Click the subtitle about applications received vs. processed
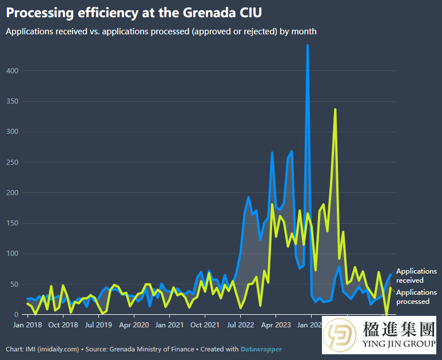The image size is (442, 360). pos(161,31)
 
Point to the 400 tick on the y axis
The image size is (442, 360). pos(11,71)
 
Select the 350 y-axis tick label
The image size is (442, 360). pos(11,101)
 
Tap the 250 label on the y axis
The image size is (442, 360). pos(11,163)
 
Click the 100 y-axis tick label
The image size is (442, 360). pos(11,254)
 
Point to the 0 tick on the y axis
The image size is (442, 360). pos(16,315)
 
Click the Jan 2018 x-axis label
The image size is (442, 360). pos(27,325)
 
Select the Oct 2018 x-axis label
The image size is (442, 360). pos(62,325)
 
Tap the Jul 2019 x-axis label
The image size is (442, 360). pos(98,325)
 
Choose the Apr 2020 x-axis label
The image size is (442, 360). pos(133,325)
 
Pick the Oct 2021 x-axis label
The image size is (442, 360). pos(205,325)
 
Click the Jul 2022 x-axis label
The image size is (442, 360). pos(241,325)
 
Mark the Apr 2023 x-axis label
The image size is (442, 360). pos(276,325)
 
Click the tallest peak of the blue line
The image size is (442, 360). pos(308,45)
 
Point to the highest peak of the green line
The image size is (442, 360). pos(335,109)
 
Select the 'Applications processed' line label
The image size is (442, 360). pos(416,297)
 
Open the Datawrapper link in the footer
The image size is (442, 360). pos(261,349)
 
